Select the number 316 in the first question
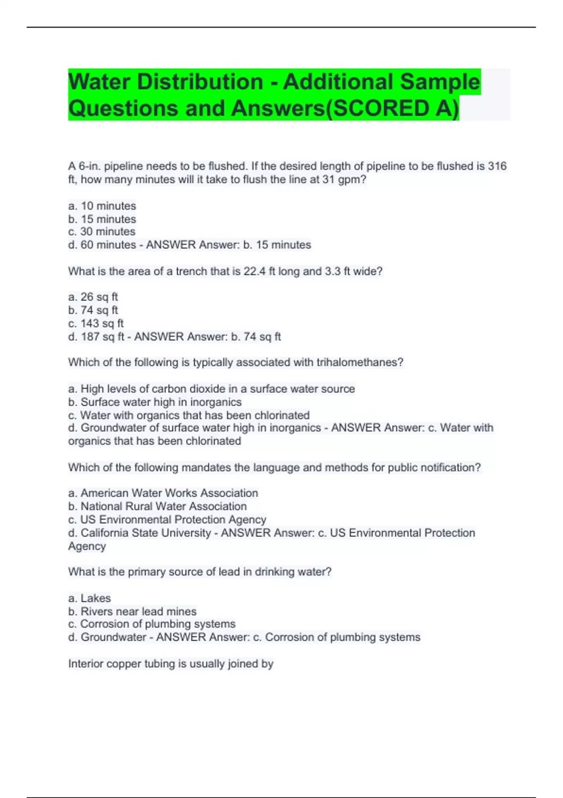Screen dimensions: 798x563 click(497, 166)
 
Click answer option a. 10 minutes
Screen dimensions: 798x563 click(102, 206)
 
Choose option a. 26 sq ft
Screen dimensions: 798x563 click(93, 297)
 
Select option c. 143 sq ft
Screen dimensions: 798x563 click(96, 323)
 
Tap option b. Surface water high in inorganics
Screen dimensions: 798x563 click(155, 402)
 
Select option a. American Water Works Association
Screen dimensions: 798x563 click(163, 493)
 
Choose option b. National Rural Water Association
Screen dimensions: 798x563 click(157, 506)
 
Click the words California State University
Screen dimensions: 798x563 click(145, 533)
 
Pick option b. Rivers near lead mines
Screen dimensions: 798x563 click(132, 611)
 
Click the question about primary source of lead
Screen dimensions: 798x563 click(199, 572)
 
